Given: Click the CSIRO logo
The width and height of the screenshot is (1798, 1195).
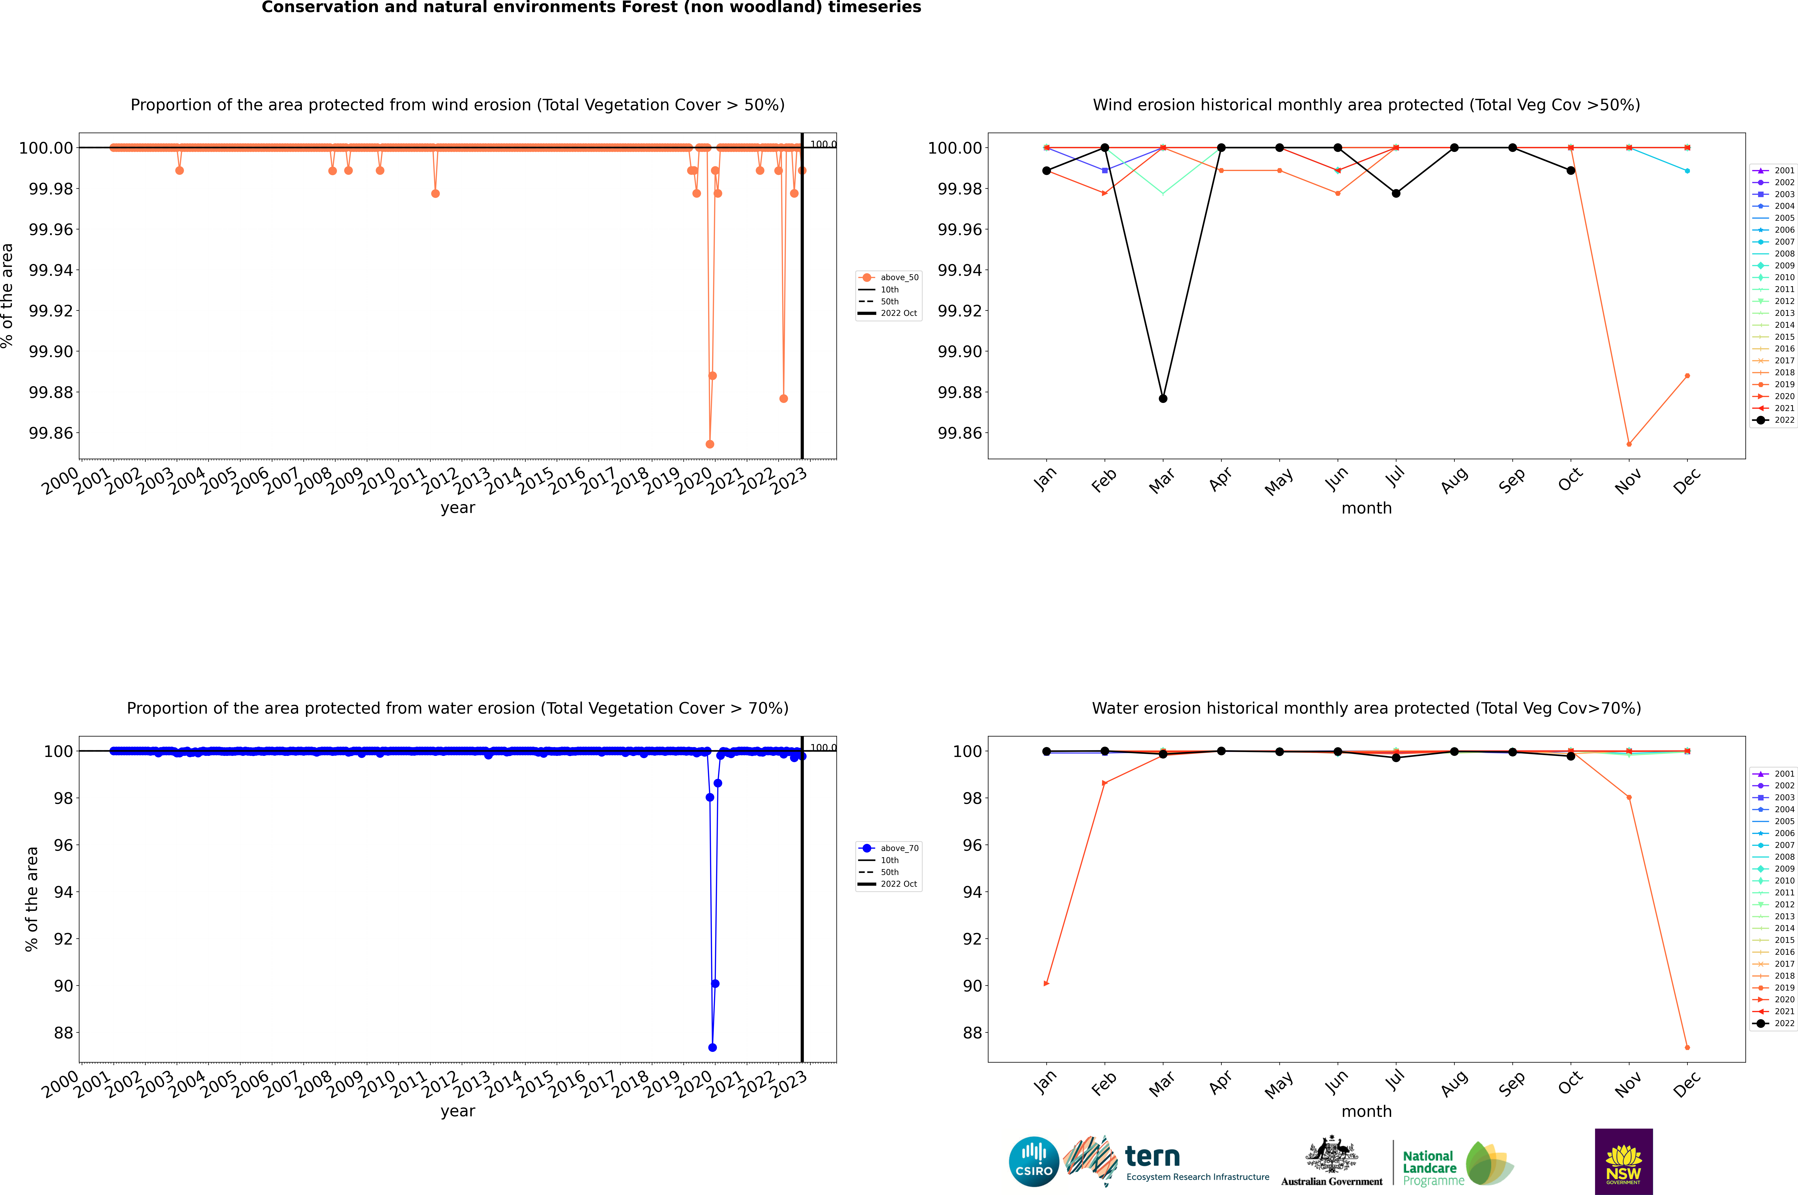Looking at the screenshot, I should tap(1033, 1162).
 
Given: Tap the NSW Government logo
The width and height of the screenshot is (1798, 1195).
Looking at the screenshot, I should tap(1623, 1162).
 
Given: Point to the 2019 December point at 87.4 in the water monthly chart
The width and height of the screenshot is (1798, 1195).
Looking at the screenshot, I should tap(1687, 1047).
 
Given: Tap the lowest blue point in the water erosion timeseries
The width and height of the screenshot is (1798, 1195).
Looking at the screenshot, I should tap(712, 1047).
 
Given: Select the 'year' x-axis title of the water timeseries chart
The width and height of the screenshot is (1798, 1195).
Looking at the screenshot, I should tap(457, 1111).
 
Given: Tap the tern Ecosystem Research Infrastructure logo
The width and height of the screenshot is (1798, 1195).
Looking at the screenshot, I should tap(1166, 1162).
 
